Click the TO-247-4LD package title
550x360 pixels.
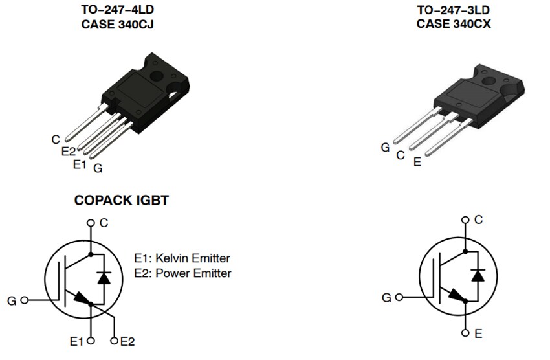121,11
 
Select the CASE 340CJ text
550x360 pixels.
121,25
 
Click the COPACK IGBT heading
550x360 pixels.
121,201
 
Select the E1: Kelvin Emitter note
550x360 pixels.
182,258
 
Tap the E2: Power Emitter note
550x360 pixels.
182,273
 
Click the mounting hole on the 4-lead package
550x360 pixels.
155,76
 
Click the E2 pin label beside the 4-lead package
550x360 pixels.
69,151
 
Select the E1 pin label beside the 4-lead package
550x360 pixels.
79,164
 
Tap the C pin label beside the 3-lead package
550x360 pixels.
401,155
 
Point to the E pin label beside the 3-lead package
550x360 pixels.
417,162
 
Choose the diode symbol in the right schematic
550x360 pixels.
478,274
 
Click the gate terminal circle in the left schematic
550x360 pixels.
25,300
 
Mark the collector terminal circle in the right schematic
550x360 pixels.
465,220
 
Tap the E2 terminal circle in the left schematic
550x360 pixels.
115,341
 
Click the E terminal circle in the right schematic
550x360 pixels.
465,333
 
